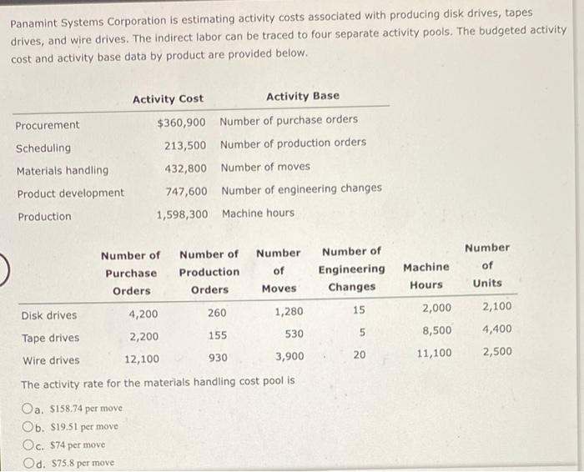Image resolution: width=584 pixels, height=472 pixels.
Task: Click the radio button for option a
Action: (x=29, y=409)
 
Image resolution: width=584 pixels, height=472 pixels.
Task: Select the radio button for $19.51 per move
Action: (x=29, y=427)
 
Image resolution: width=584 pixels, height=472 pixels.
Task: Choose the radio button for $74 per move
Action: (x=29, y=445)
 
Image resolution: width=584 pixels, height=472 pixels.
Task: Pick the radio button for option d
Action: (x=29, y=463)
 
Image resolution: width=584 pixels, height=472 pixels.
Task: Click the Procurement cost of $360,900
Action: (x=181, y=123)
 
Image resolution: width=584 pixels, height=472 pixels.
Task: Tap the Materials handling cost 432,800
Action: (x=185, y=168)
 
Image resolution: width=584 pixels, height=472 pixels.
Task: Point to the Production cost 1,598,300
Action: (x=182, y=213)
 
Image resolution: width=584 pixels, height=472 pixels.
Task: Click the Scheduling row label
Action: (x=43, y=148)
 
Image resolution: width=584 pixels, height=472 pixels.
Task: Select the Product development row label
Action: (x=70, y=193)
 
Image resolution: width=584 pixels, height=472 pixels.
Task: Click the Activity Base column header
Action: (x=302, y=96)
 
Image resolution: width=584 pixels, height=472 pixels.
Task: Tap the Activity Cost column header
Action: (x=168, y=98)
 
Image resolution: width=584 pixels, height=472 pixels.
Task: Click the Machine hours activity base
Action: (x=258, y=213)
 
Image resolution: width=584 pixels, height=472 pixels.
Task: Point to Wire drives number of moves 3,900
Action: (x=289, y=357)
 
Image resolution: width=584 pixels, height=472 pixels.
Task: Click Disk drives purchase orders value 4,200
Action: (x=143, y=315)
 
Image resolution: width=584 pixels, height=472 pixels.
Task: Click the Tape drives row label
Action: (x=50, y=338)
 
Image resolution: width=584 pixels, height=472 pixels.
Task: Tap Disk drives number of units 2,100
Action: (x=497, y=307)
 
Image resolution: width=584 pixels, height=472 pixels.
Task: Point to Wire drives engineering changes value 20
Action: (x=358, y=354)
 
